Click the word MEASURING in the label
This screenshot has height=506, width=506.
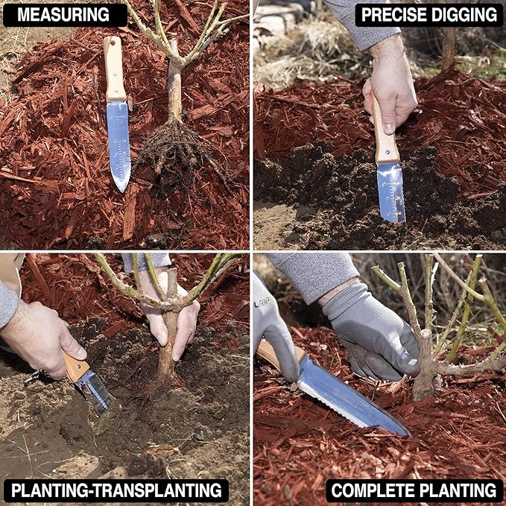pos(65,14)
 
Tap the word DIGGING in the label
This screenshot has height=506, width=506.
pos(464,14)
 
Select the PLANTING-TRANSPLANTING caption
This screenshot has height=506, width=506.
pos(116,490)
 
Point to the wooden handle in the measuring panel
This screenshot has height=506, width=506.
pos(114,67)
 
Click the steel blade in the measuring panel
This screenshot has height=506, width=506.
pos(118,142)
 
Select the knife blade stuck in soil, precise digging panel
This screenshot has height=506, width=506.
pos(391,190)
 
